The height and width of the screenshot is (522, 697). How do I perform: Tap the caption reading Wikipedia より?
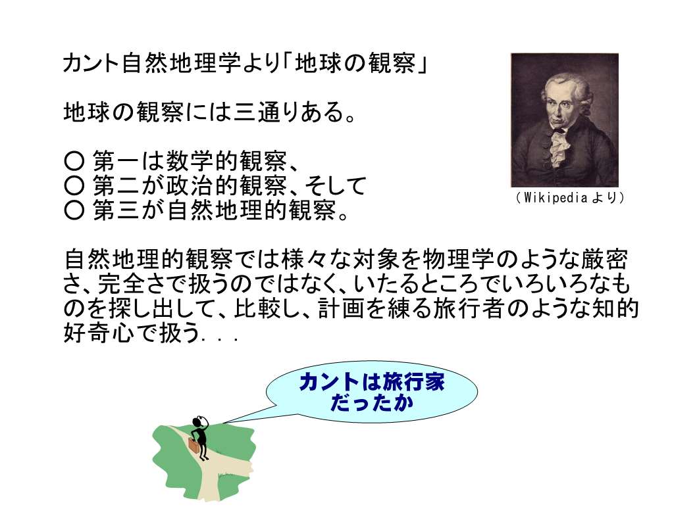click(571, 197)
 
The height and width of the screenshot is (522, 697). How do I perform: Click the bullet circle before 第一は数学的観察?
click(74, 160)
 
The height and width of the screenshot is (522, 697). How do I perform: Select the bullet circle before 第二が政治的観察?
click(74, 185)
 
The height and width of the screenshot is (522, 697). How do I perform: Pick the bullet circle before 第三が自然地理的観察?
click(74, 210)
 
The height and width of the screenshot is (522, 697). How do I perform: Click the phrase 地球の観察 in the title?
click(355, 62)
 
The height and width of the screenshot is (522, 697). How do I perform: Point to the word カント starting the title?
click(91, 62)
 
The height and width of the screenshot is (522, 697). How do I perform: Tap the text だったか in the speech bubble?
click(372, 402)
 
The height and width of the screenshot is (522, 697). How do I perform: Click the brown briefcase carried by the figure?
click(194, 445)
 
